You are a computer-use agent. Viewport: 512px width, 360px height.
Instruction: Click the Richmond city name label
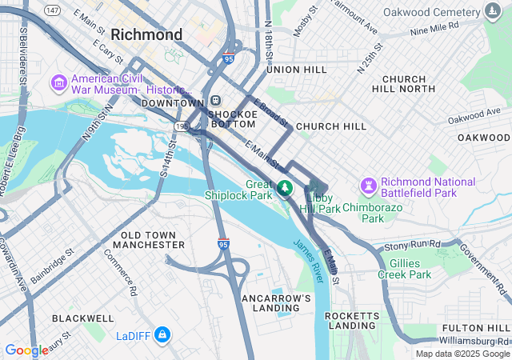coord(147,35)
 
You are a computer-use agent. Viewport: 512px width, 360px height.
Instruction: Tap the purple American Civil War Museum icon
coord(59,83)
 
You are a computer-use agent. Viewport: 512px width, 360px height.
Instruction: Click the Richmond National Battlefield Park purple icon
coord(369,186)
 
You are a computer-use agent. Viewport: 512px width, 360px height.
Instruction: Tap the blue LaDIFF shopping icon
coord(162,333)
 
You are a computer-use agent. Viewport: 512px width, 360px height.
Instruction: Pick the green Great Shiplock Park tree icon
coord(286,188)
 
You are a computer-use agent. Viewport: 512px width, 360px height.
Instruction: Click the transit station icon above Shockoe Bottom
coord(216,101)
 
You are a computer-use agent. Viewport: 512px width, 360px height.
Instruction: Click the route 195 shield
coord(182,126)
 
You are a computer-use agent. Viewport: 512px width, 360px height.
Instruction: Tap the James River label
coord(308,260)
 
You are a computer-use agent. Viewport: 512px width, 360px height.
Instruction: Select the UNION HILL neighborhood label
coord(297,70)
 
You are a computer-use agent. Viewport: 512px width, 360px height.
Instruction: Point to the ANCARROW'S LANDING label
coord(276,303)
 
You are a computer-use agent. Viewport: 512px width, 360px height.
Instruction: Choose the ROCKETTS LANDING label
coord(352,321)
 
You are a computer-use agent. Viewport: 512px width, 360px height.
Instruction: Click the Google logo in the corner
coord(26,350)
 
